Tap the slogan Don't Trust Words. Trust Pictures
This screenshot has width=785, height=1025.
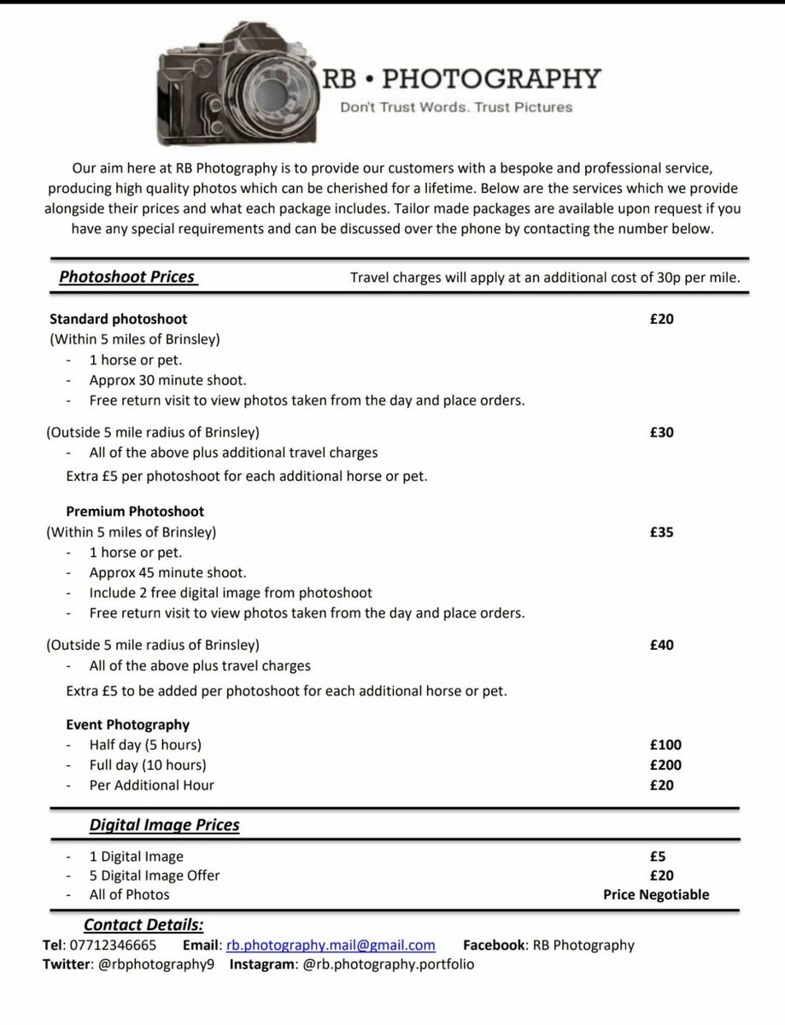point(456,108)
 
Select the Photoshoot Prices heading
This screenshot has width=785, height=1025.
point(127,277)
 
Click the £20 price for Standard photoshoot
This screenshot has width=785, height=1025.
point(661,319)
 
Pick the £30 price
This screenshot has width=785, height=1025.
point(661,432)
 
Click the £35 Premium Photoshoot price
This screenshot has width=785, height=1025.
point(661,532)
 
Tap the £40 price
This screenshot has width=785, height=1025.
point(661,645)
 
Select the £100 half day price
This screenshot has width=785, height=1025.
point(665,745)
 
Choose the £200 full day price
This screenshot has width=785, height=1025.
point(665,765)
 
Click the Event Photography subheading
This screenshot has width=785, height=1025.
point(127,724)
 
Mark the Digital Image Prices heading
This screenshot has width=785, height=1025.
point(165,825)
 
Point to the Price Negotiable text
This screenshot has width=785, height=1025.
point(656,895)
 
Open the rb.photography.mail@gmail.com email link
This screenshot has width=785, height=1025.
point(331,946)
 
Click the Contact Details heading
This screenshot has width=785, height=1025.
point(144,925)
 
